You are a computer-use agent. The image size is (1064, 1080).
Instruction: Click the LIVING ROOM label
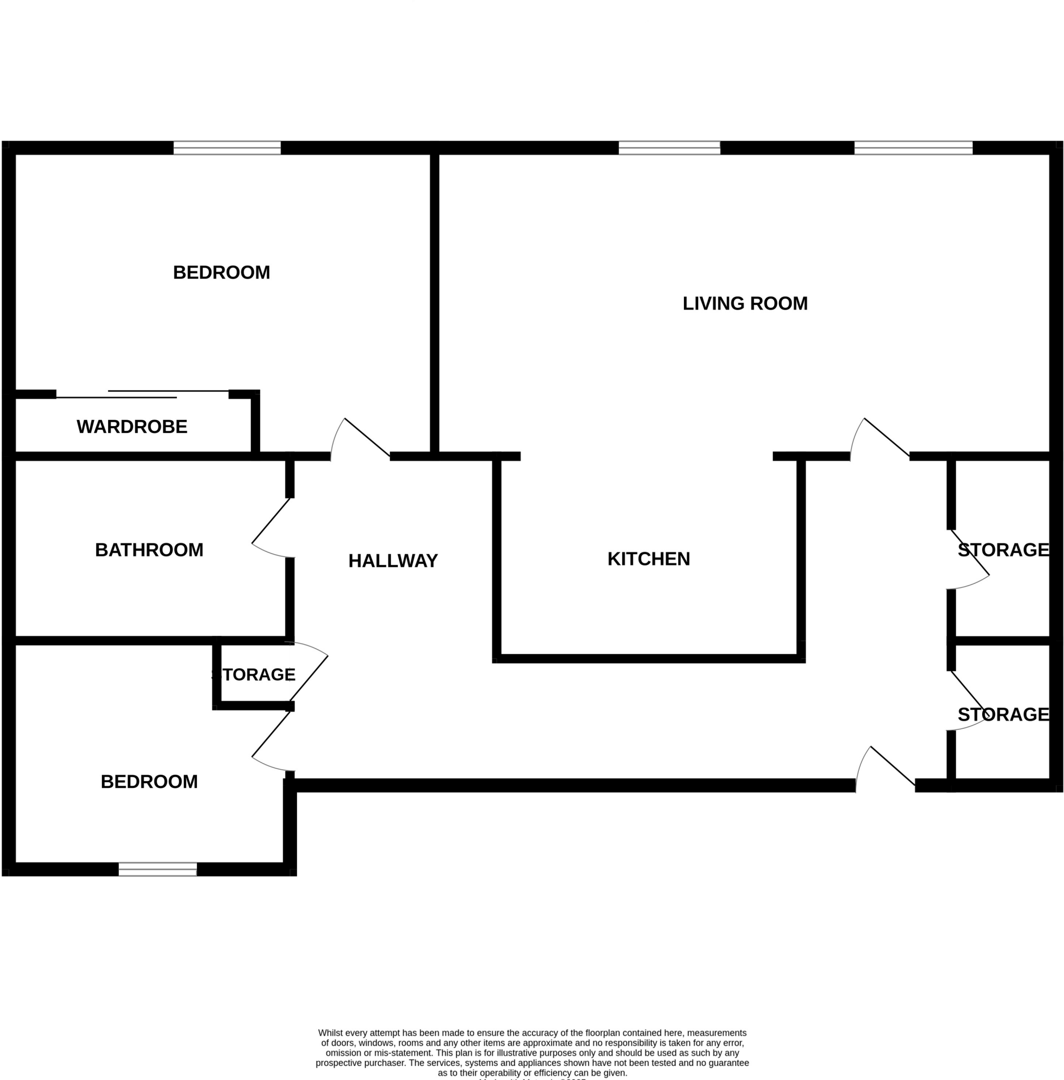point(744,303)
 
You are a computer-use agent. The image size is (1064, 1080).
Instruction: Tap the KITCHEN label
point(648,558)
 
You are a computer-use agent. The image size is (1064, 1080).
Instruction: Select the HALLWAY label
point(393,561)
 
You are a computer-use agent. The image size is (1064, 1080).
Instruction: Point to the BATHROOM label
point(149,549)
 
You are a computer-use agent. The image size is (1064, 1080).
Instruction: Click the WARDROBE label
point(132,427)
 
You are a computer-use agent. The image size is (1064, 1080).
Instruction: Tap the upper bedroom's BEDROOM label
point(221,273)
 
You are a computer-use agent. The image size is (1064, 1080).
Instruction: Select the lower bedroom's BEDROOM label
point(149,781)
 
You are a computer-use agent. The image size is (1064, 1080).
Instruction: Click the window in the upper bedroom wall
point(227,148)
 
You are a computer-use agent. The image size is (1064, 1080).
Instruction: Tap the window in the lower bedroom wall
point(158,869)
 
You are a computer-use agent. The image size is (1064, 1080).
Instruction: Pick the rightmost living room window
point(913,148)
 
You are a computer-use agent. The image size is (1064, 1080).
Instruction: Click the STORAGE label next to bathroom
point(254,674)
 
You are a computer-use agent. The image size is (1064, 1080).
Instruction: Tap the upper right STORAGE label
point(1003,549)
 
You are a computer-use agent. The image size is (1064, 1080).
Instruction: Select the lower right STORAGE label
point(1003,714)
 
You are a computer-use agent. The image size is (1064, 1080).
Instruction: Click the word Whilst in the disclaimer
point(331,1033)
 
